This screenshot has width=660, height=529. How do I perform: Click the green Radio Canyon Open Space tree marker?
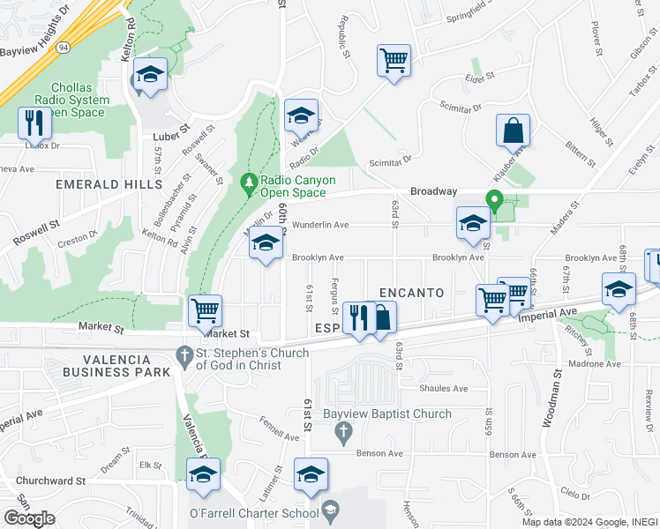click(x=250, y=183)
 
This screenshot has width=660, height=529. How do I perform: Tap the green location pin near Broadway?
click(x=495, y=201)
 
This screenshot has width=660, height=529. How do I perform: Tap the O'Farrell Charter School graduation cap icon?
click(x=330, y=511)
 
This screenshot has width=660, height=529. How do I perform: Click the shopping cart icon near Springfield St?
click(x=394, y=62)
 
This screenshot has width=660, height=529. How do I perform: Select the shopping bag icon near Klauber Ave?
click(x=513, y=131)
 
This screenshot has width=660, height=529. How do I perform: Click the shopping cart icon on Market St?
click(x=205, y=310)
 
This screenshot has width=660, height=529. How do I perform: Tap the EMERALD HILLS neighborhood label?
click(x=109, y=184)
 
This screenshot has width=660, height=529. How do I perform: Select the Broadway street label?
click(x=433, y=191)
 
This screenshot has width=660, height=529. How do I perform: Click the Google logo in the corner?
click(x=29, y=518)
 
